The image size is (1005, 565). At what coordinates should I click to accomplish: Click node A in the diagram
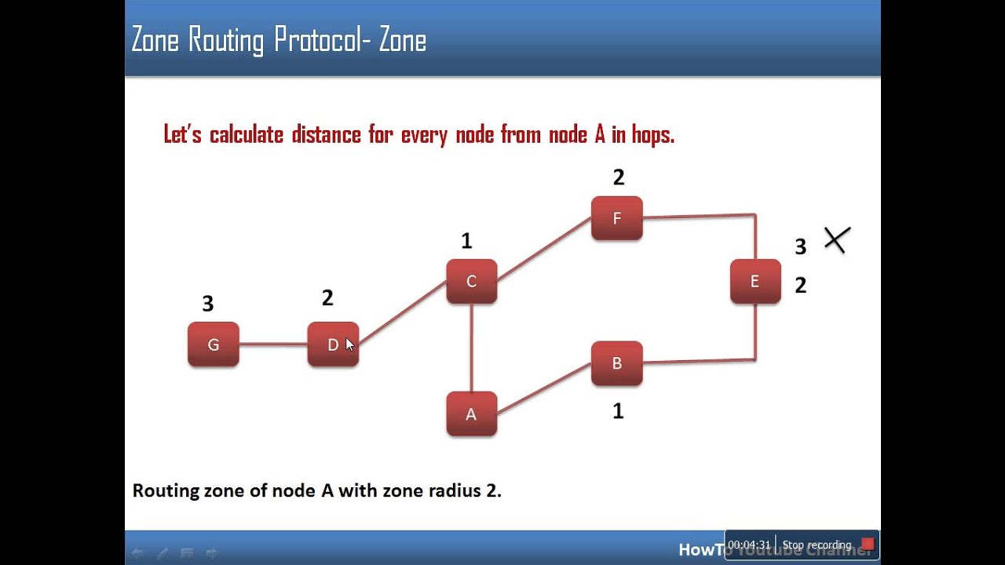[471, 414]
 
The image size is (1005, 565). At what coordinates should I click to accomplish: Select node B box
[616, 363]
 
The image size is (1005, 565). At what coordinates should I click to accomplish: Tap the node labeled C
[471, 281]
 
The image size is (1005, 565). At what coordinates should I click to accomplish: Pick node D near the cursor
[332, 344]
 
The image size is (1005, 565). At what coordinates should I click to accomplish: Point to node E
[755, 281]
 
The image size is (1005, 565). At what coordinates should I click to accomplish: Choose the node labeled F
[616, 218]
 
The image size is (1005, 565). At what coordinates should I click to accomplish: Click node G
[213, 344]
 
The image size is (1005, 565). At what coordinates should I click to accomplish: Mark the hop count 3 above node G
[207, 304]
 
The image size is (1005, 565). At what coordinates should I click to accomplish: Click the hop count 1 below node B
[618, 411]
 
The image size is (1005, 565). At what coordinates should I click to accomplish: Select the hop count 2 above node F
[619, 177]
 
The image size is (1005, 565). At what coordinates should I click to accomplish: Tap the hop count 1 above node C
[466, 241]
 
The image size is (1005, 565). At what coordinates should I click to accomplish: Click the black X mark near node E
[837, 240]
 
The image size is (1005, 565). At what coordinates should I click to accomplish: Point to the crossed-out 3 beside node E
[800, 247]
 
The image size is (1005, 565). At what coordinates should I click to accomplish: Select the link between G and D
[272, 344]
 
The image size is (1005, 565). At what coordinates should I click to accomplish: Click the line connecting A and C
[471, 348]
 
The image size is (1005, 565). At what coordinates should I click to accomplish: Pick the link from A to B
[544, 388]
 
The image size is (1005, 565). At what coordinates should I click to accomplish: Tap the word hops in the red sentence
[652, 135]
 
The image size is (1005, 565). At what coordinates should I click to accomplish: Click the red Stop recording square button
[867, 545]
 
